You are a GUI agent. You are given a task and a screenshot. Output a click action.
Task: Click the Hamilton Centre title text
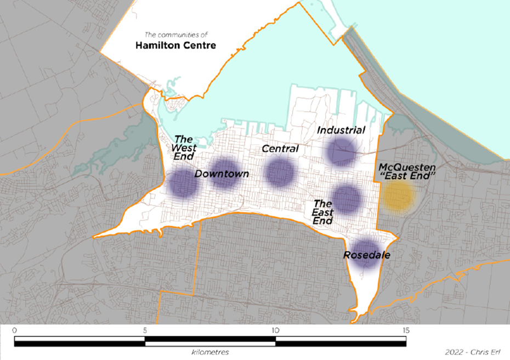tap(175, 45)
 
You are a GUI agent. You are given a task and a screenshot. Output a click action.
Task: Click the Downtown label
tap(222, 174)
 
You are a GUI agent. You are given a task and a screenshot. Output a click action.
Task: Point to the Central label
tap(280, 148)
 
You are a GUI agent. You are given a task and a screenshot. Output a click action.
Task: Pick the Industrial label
tap(341, 130)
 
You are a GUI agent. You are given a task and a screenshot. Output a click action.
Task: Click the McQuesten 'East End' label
tap(407, 172)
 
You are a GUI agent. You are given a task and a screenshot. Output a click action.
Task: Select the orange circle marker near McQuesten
tap(399, 197)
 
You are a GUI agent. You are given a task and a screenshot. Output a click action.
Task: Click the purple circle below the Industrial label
tap(342, 151)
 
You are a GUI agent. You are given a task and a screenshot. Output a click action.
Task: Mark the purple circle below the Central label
tap(281, 172)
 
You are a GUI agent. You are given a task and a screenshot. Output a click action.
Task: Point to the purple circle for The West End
tap(183, 184)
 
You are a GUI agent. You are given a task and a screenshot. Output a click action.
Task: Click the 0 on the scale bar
tap(14, 330)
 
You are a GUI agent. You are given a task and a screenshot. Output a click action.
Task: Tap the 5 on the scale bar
tap(145, 330)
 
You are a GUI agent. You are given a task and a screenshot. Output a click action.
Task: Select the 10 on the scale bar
tap(275, 330)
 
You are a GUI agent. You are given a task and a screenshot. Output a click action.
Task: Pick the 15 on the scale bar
tap(406, 330)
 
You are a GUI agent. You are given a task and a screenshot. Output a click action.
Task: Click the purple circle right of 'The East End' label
tap(348, 198)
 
